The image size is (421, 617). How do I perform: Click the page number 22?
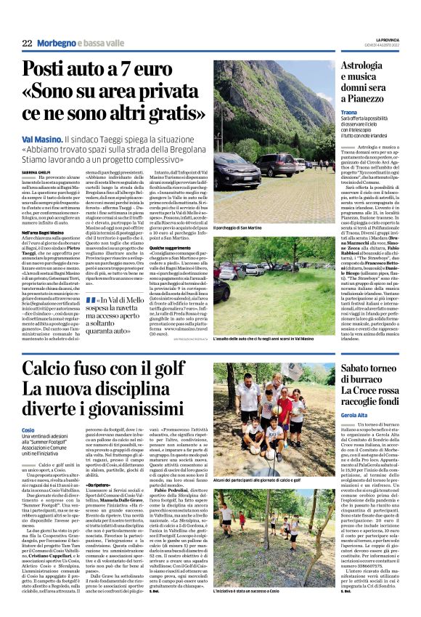(x=27, y=44)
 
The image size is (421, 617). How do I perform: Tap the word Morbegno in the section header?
(x=57, y=44)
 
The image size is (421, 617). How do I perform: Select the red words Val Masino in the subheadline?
(x=41, y=137)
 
